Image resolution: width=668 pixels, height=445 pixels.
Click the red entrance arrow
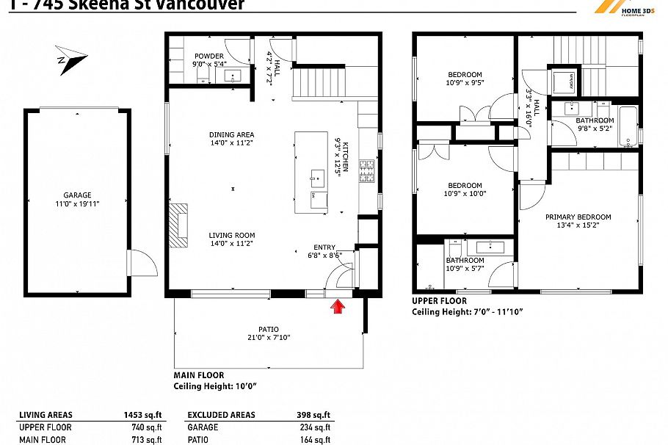pos(338,305)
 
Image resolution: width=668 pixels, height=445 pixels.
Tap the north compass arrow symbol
pos(71,58)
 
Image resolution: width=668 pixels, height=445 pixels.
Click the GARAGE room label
pos(77,195)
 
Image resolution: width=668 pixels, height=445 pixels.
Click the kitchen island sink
pos(317,176)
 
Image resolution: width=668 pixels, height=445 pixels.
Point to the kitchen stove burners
pos(364,173)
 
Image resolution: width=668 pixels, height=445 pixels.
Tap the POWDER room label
pos(209,56)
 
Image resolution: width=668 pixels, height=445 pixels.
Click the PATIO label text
pos(268,330)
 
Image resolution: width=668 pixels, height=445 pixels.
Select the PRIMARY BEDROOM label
pos(578,217)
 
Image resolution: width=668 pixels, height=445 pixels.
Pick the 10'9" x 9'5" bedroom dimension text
pos(465,83)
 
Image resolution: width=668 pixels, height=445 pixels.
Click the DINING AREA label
pos(231,135)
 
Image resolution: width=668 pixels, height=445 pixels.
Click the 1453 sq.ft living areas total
pos(143,415)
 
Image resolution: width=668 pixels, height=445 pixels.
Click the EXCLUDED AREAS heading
pos(221,415)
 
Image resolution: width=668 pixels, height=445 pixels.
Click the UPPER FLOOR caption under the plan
pos(439,301)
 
